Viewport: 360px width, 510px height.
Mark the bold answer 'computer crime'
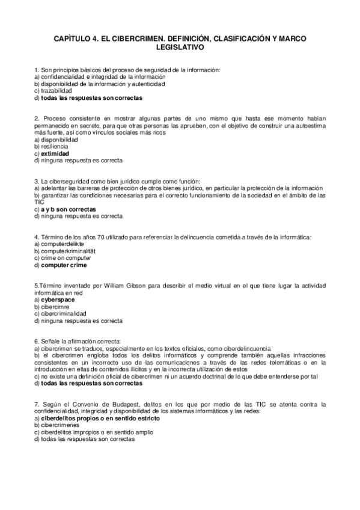(64, 265)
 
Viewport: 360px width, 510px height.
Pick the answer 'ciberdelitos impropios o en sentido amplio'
(93, 432)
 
